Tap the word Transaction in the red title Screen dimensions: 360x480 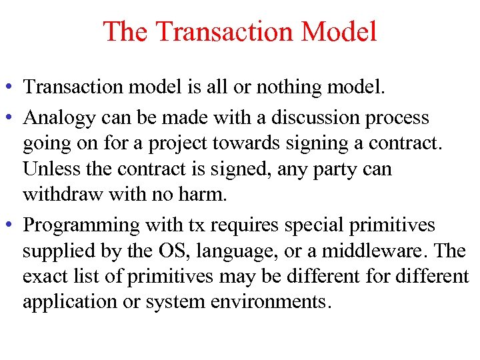click(x=225, y=31)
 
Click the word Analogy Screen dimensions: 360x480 click(x=59, y=119)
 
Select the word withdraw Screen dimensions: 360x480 click(x=64, y=194)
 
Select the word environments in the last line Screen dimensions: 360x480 click(x=268, y=301)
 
